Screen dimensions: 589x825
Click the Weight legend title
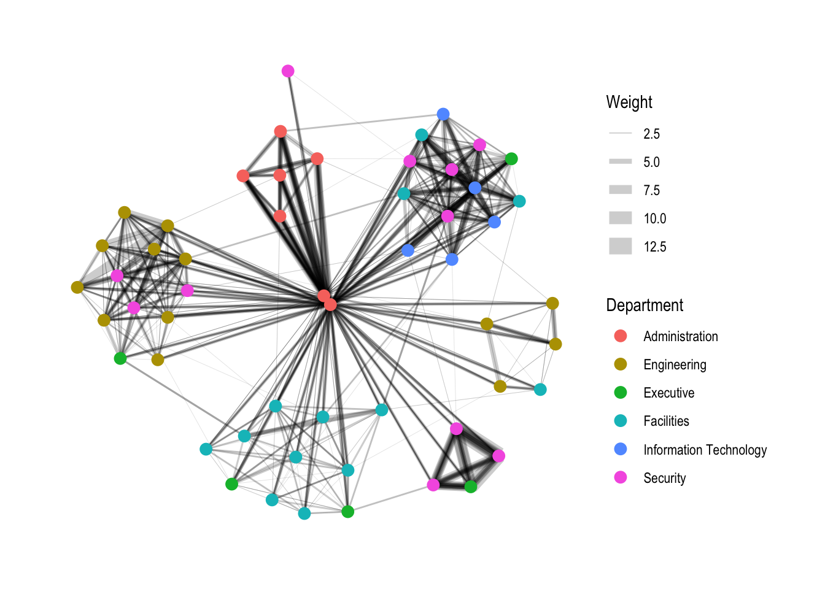[629, 102]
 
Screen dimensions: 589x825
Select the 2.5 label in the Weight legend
[651, 134]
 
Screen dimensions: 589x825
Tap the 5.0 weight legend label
[651, 162]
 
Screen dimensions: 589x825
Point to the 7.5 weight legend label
[651, 190]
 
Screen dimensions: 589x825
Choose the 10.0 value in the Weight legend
[654, 218]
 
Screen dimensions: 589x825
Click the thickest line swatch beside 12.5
[620, 247]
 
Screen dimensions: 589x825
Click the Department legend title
[644, 306]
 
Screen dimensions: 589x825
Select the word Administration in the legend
[680, 336]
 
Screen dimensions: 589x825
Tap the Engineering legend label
[675, 364]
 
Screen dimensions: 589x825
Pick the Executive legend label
[668, 393]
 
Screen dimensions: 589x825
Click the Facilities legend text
[666, 421]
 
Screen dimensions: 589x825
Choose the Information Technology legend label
[705, 450]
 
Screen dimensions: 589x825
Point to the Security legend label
[664, 478]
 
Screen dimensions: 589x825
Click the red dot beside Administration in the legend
[621, 336]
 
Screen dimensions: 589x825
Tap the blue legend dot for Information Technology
[621, 449]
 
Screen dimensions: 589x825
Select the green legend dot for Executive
[621, 393]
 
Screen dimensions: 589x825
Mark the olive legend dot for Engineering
[621, 364]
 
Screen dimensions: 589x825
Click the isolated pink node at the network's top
[288, 71]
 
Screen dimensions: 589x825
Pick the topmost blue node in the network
[443, 114]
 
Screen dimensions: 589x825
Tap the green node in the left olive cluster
[120, 358]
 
